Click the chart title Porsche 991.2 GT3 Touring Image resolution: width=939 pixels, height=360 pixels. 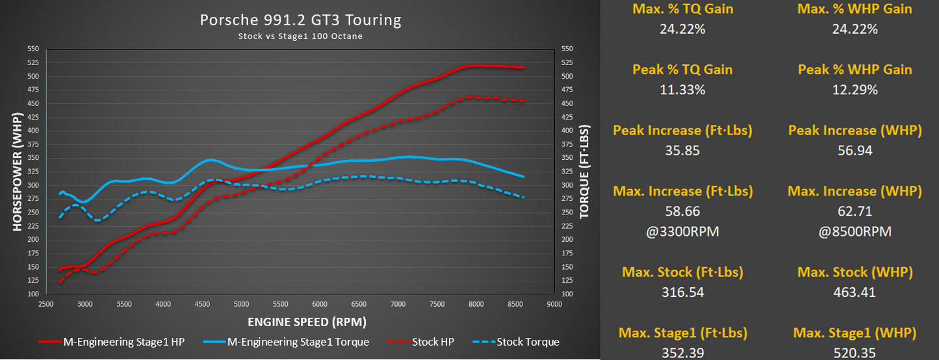[x=300, y=20]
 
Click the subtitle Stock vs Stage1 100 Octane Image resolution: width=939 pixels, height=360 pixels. [x=300, y=36]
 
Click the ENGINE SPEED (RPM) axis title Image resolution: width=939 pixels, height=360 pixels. [x=307, y=322]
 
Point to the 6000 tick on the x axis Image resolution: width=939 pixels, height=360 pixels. [x=320, y=303]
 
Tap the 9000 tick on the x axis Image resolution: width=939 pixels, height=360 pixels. [x=554, y=303]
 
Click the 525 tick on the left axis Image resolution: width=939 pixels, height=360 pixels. [x=33, y=63]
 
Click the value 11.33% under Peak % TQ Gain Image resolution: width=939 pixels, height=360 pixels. [x=682, y=90]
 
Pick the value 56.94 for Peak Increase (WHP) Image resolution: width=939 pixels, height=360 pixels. [x=855, y=151]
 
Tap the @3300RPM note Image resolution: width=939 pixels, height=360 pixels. [x=682, y=231]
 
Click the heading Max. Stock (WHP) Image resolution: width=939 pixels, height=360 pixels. [x=855, y=272]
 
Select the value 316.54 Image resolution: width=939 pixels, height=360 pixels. [x=682, y=292]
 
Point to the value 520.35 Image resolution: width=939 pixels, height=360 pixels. [x=855, y=354]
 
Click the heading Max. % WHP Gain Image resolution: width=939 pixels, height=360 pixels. [x=855, y=8]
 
